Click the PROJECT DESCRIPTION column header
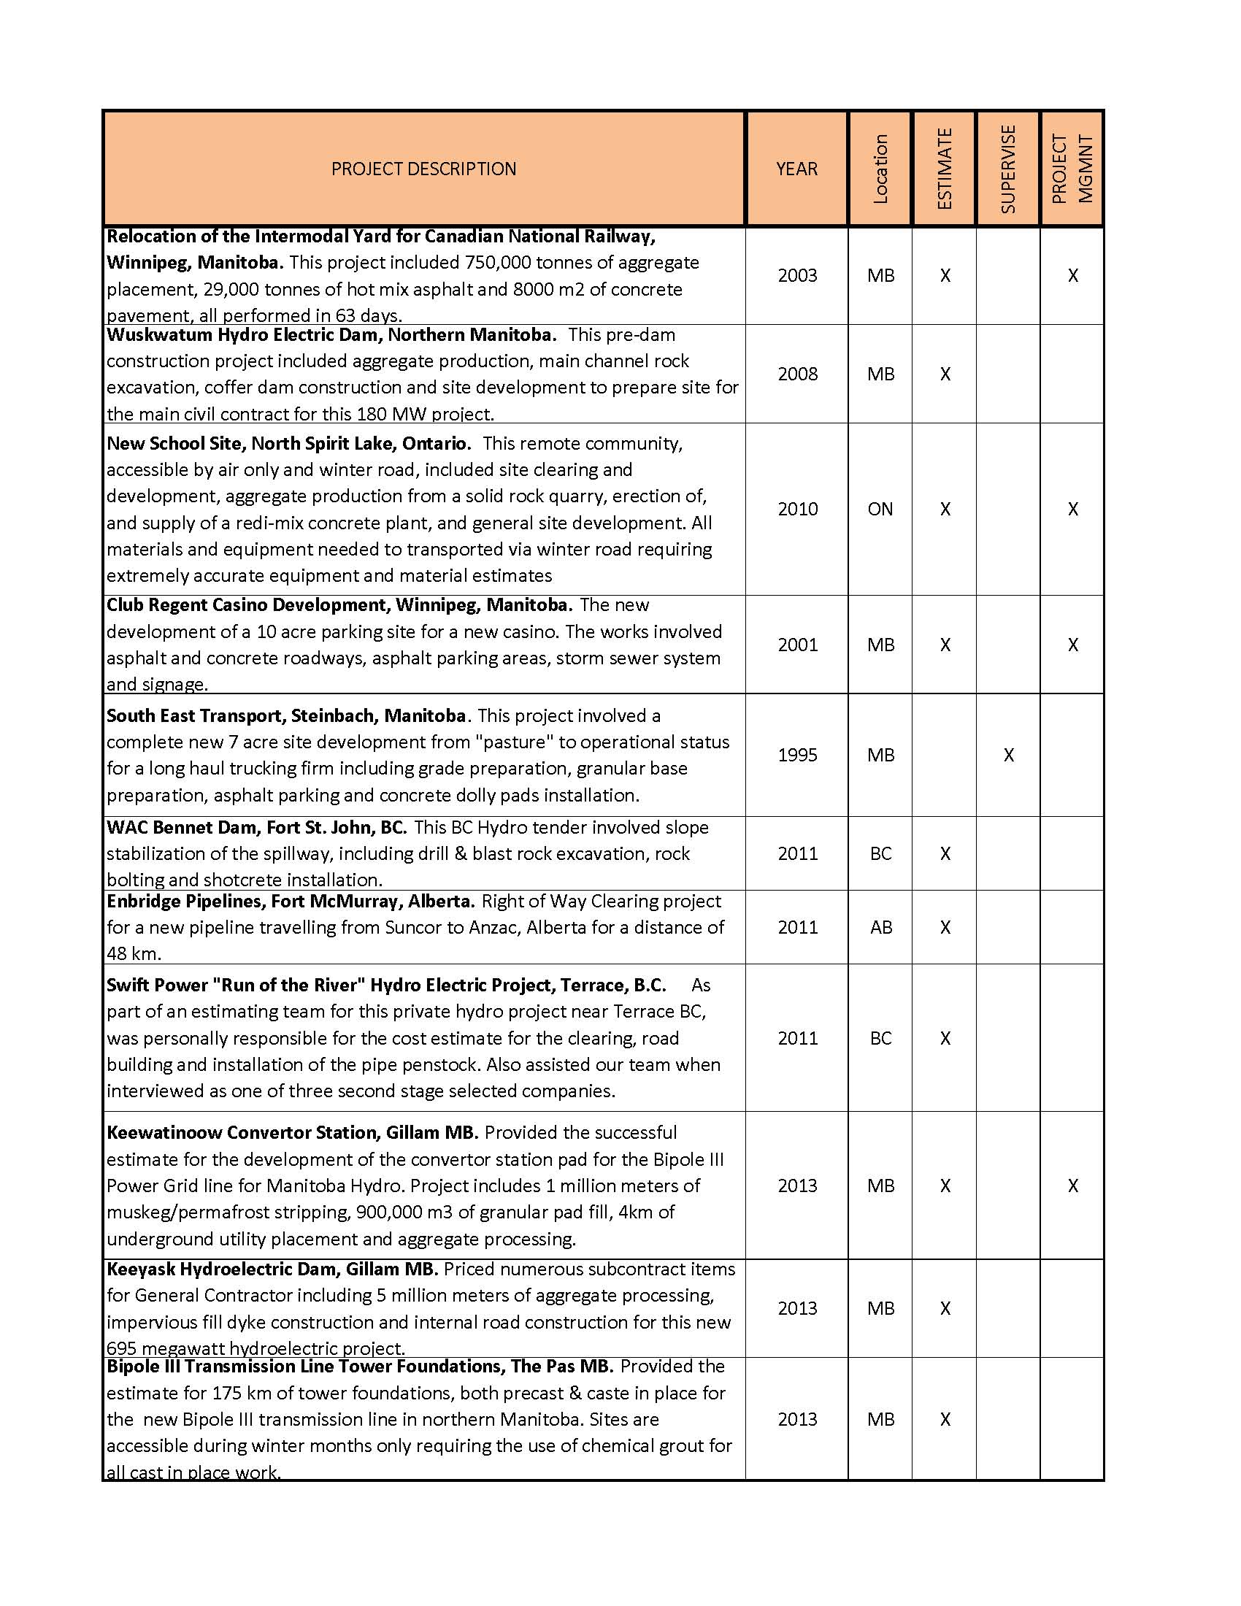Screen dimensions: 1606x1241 pyautogui.click(x=423, y=169)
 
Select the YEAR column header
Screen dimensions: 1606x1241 pyautogui.click(x=796, y=169)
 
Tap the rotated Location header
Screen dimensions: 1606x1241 pyautogui.click(x=880, y=169)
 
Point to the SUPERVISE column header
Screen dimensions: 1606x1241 pyautogui.click(x=1008, y=169)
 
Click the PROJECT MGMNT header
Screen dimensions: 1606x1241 pyautogui.click(x=1072, y=169)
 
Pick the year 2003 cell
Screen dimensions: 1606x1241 pyautogui.click(x=797, y=275)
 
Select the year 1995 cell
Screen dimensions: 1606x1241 pyautogui.click(x=797, y=755)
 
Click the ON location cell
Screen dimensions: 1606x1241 pyautogui.click(x=880, y=509)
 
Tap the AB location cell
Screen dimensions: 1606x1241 pyautogui.click(x=881, y=927)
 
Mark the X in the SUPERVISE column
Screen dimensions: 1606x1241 pyautogui.click(x=1009, y=755)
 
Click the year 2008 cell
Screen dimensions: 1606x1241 pyautogui.click(x=797, y=374)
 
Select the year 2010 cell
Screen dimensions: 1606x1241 pyautogui.click(x=797, y=509)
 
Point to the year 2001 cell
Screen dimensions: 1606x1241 pyautogui.click(x=797, y=644)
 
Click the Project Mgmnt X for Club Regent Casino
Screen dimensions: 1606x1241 pyautogui.click(x=1072, y=644)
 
